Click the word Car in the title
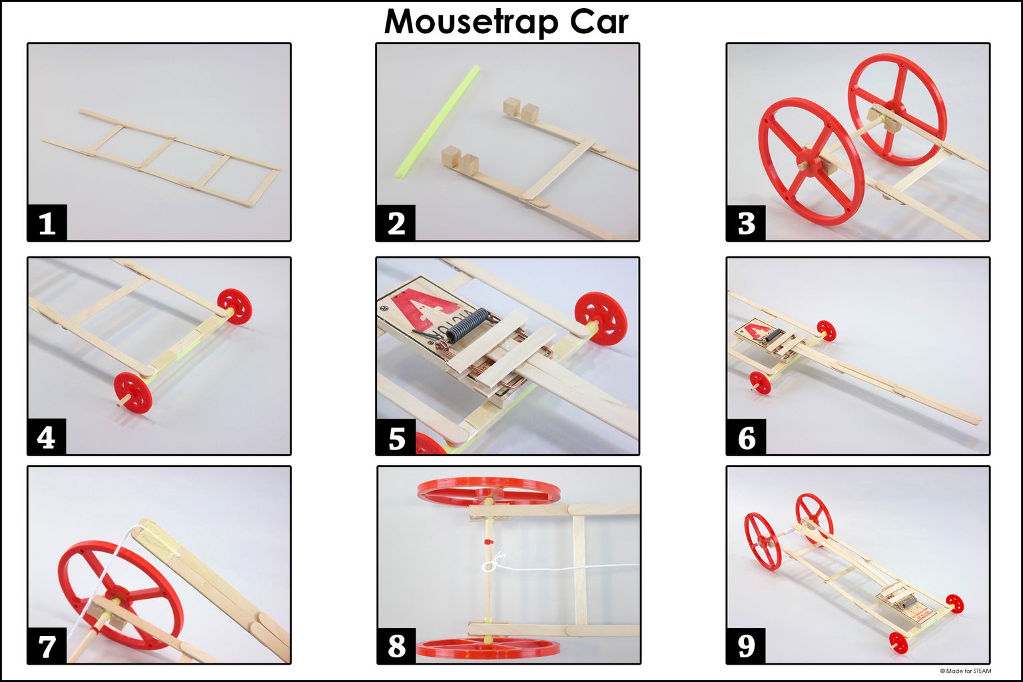click(x=598, y=22)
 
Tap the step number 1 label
click(x=47, y=224)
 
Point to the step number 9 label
click(x=745, y=646)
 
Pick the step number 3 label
click(x=745, y=224)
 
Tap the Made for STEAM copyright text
click(x=965, y=671)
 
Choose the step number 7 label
click(x=47, y=646)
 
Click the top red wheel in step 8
click(x=488, y=490)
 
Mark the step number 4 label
click(x=47, y=438)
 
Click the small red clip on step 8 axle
click(x=488, y=542)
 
